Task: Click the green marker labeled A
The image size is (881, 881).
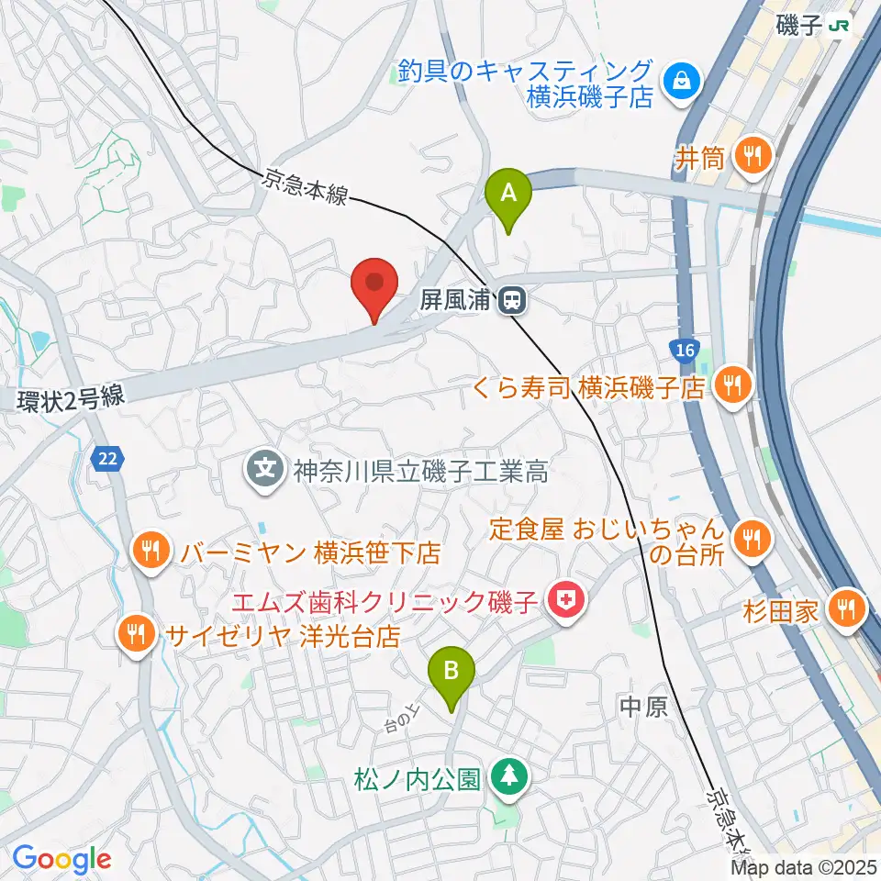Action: pos(513,194)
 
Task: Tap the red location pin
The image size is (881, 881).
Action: pos(374,283)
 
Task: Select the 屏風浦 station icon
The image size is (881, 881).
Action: pos(511,299)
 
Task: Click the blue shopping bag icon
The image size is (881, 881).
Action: pos(683,83)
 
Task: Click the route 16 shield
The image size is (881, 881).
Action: pos(682,349)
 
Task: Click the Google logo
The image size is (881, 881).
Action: pos(61,859)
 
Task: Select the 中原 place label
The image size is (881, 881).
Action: pos(641,706)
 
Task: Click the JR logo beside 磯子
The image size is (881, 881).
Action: pos(838,26)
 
